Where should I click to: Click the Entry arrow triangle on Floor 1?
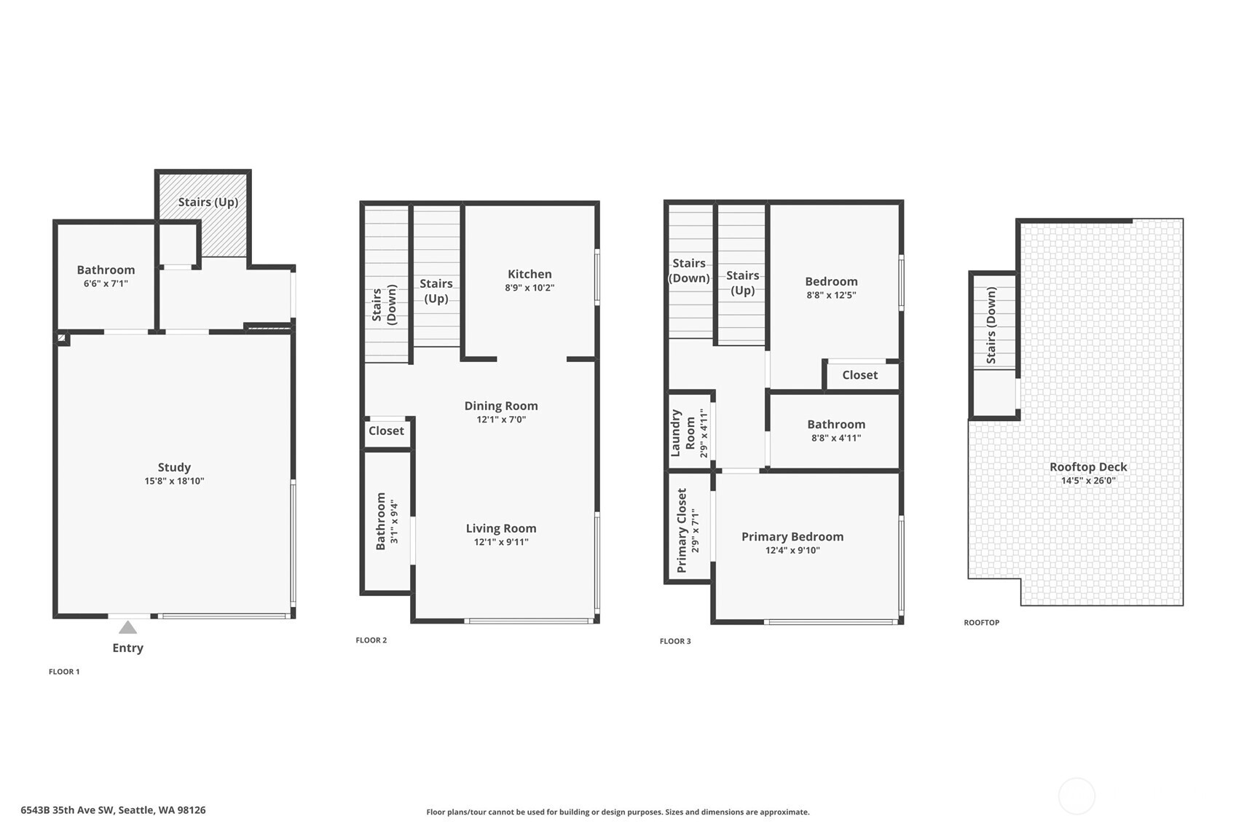point(127,627)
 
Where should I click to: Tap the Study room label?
point(174,467)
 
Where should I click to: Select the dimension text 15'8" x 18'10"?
point(174,481)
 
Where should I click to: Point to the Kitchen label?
point(530,274)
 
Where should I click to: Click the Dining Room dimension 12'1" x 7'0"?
point(501,420)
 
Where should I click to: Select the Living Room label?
point(501,528)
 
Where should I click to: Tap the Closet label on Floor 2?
point(386,431)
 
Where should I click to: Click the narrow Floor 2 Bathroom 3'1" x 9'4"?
point(387,522)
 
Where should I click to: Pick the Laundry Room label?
point(682,433)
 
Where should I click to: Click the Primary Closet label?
point(682,530)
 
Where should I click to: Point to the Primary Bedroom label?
point(792,536)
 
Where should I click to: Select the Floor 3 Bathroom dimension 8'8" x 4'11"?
point(836,438)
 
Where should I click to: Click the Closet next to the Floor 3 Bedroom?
point(859,375)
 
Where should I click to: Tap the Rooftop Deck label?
point(1088,467)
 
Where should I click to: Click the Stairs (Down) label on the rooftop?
point(991,326)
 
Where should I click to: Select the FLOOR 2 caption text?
point(371,640)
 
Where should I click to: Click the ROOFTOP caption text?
point(981,623)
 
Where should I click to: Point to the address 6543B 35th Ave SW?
point(113,810)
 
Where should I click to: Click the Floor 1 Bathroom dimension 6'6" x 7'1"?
point(106,283)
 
